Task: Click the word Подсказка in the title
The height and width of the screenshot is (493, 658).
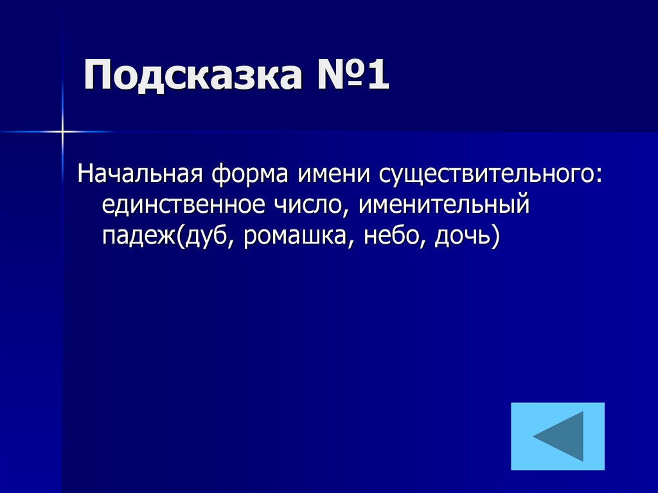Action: (x=191, y=76)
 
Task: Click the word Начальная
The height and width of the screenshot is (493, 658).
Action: (x=141, y=174)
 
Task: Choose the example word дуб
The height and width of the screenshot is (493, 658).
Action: (x=202, y=237)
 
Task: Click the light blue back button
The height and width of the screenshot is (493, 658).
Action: (x=558, y=436)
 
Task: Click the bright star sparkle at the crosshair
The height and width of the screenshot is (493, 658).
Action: (x=62, y=131)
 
